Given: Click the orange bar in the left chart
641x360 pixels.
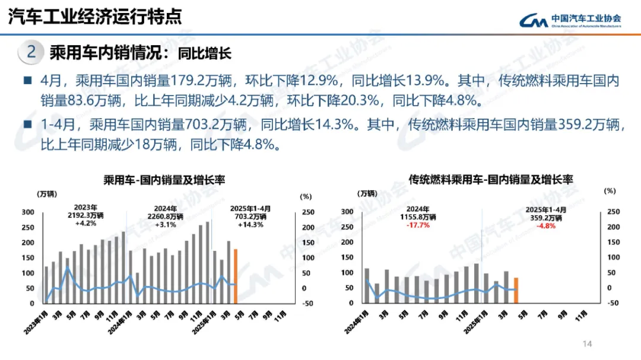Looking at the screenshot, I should [x=236, y=276].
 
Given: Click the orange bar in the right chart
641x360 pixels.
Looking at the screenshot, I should [x=516, y=290].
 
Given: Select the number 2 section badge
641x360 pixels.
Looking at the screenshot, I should [x=31, y=53].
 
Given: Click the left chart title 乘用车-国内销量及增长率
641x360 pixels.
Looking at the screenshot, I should [x=164, y=180].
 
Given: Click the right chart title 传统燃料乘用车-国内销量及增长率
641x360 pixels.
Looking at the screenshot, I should [x=491, y=179].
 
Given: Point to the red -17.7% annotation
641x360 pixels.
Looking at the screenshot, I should [x=418, y=225].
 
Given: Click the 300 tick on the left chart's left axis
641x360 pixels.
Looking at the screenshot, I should [x=27, y=212].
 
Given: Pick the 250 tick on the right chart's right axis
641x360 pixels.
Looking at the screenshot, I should [x=613, y=212].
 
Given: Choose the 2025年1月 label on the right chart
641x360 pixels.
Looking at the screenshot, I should [x=475, y=324].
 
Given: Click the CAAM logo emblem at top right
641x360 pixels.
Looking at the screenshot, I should [x=534, y=20].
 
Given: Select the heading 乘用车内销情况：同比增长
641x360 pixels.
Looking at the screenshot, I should [x=140, y=53].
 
